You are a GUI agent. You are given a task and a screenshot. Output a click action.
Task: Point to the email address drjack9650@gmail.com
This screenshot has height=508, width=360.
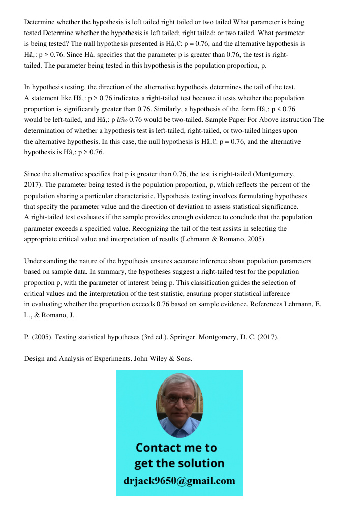coord(179,481)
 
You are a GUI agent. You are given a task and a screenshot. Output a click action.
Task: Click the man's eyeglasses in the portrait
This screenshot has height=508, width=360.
coord(179,399)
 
